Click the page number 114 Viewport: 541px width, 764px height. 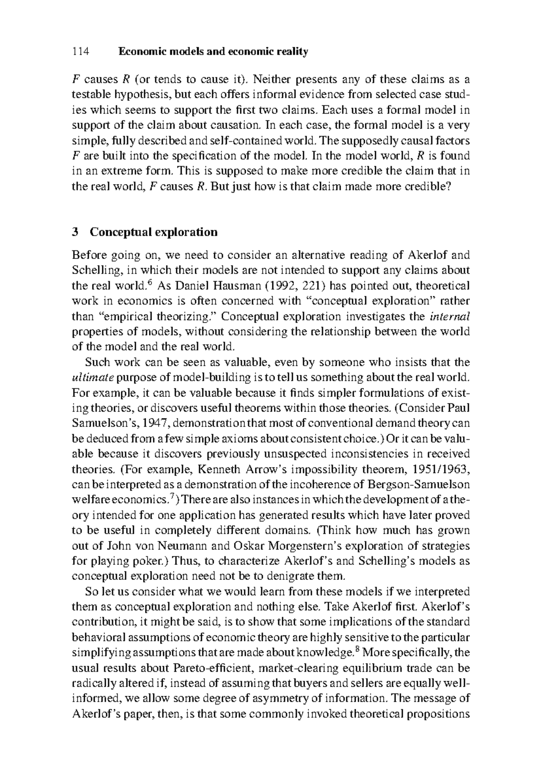point(81,52)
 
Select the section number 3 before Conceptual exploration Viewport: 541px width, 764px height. point(75,232)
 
